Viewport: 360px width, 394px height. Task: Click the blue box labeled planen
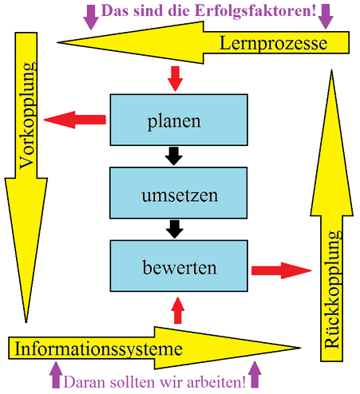179,120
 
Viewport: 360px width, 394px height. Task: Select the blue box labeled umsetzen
179,193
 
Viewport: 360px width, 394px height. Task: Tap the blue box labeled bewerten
179,266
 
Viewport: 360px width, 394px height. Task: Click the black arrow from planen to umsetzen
174,156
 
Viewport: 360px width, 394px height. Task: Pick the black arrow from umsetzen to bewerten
175,229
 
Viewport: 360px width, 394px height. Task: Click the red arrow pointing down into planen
175,79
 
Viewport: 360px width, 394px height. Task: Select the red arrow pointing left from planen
74,120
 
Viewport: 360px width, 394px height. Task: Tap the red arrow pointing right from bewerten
282,270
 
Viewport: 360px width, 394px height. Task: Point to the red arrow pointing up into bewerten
178,310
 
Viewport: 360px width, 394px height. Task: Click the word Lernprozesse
273,43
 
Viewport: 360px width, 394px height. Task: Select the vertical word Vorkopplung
27,116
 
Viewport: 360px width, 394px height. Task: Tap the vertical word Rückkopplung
332,290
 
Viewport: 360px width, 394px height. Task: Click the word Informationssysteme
99,349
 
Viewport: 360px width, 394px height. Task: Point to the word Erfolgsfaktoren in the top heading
255,11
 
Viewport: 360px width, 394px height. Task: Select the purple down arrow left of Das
91,18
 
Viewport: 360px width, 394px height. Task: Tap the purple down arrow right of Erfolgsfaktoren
326,17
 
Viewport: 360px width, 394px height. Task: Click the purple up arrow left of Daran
56,375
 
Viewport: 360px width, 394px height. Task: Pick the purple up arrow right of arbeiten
255,374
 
